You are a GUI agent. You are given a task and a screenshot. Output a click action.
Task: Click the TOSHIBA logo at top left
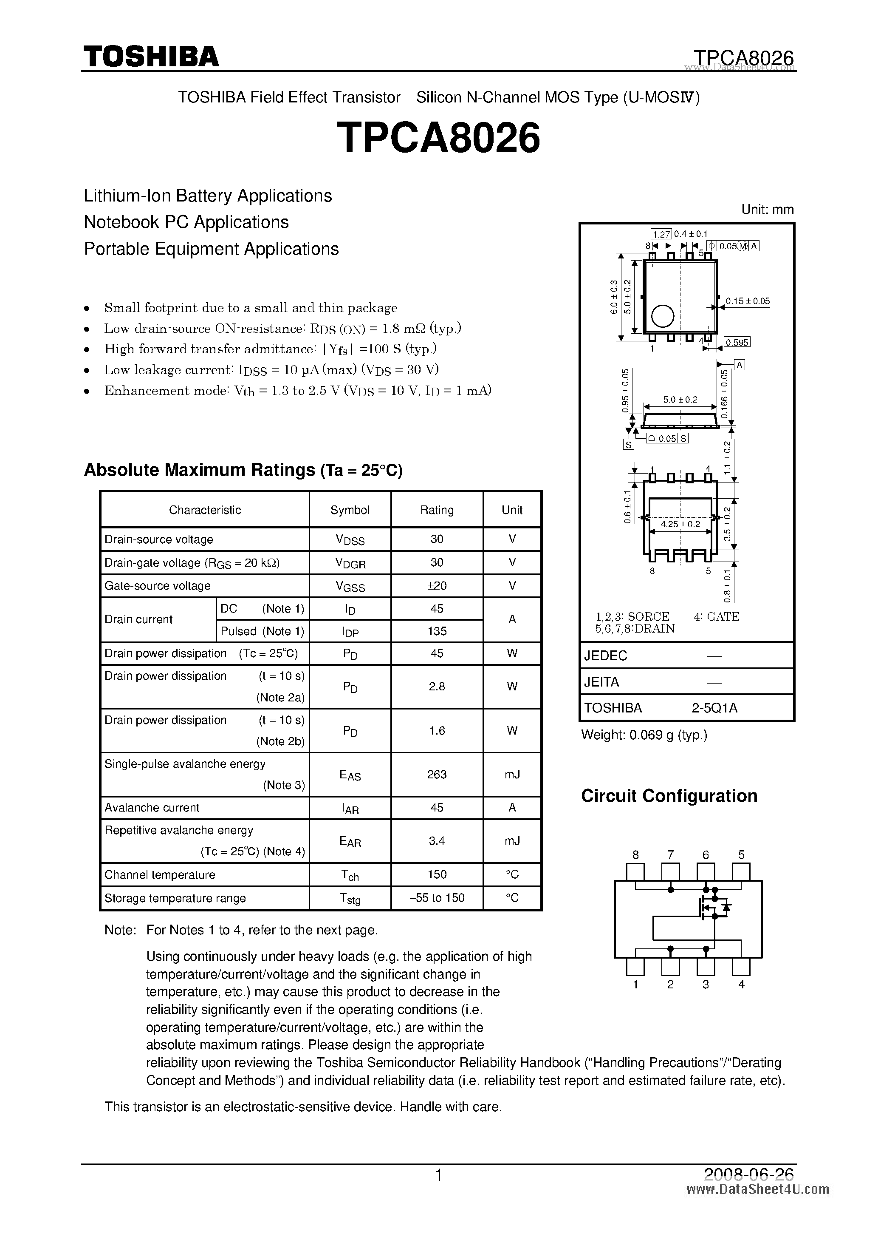[x=151, y=56]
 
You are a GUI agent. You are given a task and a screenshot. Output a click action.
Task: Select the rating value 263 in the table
[x=437, y=774]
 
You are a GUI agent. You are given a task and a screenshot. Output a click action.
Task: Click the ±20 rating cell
[x=437, y=586]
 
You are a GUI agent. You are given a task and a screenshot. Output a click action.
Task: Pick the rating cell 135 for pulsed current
[x=437, y=631]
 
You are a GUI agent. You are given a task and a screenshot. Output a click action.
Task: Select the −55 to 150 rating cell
[x=437, y=897]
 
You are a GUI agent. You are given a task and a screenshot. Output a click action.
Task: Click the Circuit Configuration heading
[x=669, y=796]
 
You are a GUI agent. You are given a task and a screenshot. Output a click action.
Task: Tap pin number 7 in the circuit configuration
[x=670, y=855]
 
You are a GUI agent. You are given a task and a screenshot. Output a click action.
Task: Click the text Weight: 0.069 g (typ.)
[x=644, y=735]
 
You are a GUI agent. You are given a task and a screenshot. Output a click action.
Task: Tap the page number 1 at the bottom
[x=439, y=1175]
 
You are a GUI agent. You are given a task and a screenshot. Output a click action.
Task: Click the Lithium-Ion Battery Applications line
[x=208, y=196]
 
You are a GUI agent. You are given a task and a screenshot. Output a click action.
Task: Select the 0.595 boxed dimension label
[x=737, y=342]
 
